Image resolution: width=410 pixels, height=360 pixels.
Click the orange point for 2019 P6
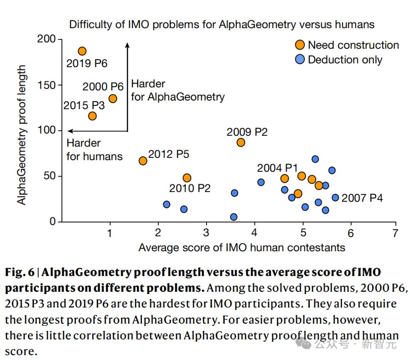tap(82, 51)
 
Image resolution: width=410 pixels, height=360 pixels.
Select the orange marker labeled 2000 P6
tap(113, 99)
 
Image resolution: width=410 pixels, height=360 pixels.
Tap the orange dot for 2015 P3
tap(92, 116)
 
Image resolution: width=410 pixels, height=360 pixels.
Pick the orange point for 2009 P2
tap(241, 143)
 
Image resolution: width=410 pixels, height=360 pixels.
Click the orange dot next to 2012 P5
tap(143, 161)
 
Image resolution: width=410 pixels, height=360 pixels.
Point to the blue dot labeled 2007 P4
tap(335, 198)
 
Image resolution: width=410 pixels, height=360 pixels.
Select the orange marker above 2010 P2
tap(187, 178)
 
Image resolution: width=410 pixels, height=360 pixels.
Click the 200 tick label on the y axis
tap(46, 39)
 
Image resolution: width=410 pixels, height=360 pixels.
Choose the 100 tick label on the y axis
tap(46, 130)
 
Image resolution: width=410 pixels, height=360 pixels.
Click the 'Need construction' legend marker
tap(300, 45)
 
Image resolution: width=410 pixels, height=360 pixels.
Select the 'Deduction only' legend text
tap(345, 60)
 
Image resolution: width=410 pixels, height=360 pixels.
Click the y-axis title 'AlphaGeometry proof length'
tap(22, 135)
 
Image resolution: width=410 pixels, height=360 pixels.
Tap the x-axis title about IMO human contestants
tap(241, 248)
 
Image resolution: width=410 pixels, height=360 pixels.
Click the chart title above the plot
tap(221, 25)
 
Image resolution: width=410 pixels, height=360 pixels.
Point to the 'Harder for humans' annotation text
tap(94, 149)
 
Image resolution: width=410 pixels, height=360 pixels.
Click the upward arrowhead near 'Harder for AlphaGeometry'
tap(128, 45)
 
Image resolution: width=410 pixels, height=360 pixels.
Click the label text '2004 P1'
tap(277, 168)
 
